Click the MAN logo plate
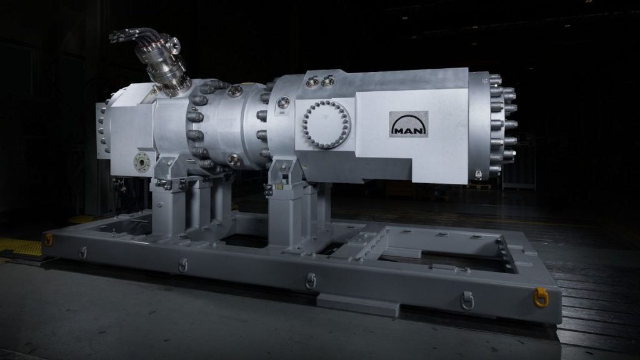point(408,124)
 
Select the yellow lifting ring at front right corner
point(539,296)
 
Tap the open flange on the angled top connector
point(174,44)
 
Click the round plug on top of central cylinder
point(235,92)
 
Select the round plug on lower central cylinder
point(234,160)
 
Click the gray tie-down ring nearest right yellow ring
point(467,301)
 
